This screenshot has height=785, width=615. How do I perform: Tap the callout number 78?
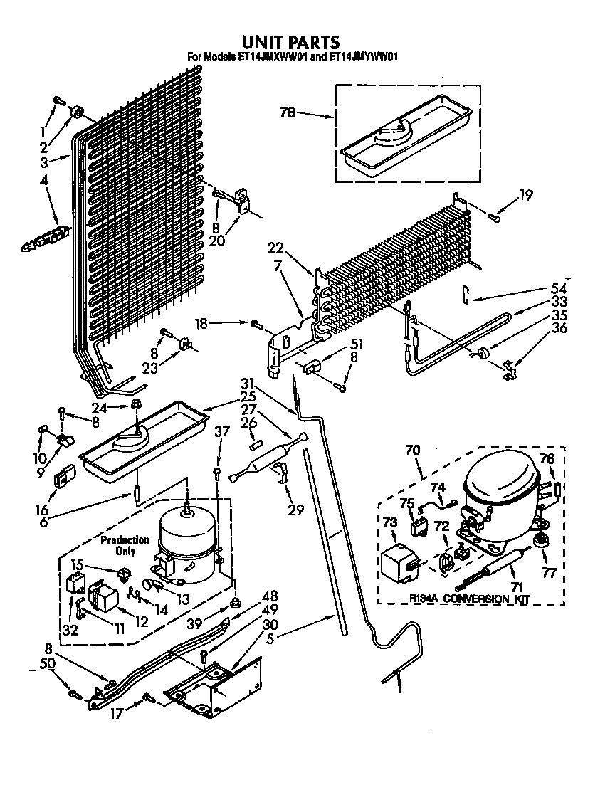(288, 112)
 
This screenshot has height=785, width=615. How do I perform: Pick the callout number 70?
(413, 450)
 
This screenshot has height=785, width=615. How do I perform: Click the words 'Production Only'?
(124, 545)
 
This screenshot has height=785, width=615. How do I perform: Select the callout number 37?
(223, 451)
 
